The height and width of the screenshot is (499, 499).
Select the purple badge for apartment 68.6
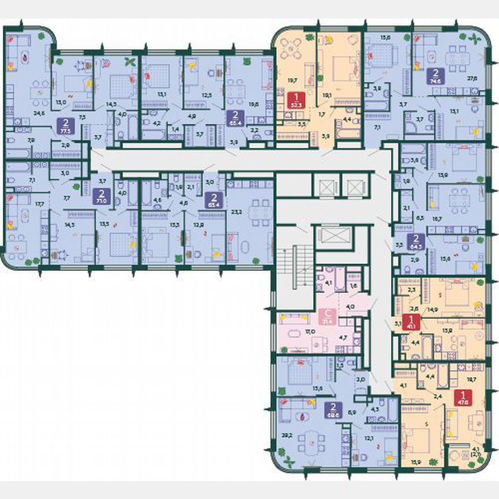332,409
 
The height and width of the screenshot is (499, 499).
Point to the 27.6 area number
472,78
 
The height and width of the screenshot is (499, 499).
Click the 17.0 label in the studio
310,332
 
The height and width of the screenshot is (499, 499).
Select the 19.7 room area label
292,82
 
